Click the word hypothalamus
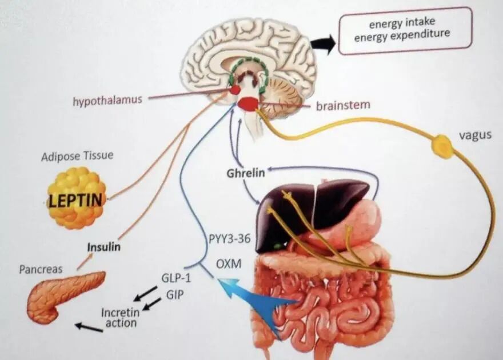(107, 101)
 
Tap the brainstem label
(342, 105)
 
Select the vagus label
(475, 137)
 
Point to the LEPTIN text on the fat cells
(76, 200)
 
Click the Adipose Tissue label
(77, 155)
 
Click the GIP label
(175, 294)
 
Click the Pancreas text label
(41, 269)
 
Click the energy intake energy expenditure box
(405, 30)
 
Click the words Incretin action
(120, 318)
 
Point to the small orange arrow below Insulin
(85, 261)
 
